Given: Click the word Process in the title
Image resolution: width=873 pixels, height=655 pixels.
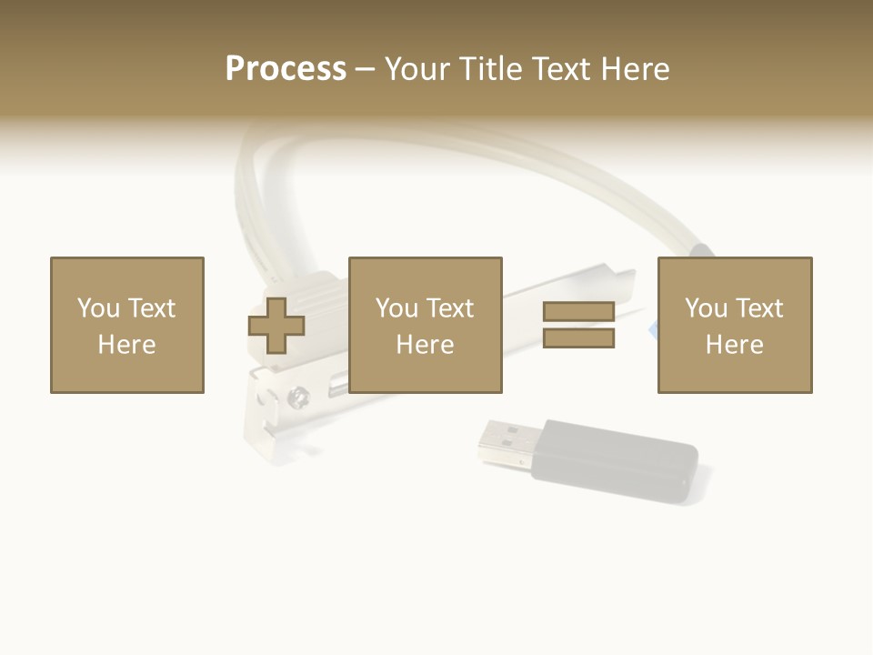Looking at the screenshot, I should [286, 69].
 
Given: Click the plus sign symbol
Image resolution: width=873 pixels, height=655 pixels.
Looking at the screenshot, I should [276, 326].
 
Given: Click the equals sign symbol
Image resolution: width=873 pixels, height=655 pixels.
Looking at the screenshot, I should [579, 326].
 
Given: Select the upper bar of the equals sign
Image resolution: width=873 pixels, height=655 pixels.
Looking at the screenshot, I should [579, 312].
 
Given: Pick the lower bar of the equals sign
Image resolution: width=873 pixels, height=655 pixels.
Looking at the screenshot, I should [579, 338].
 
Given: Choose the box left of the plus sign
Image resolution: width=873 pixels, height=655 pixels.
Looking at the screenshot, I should [127, 325].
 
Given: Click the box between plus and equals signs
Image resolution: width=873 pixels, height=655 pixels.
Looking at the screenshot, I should [426, 325].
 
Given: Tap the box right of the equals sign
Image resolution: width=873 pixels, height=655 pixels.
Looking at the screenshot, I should [735, 325].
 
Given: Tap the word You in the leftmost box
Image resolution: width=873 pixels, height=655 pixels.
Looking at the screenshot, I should [98, 308].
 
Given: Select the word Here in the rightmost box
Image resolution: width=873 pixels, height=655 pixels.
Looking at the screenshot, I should [735, 345].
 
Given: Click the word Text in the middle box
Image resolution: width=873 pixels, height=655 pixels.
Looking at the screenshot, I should [450, 308].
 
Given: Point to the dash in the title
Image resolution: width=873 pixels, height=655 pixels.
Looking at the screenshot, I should [366, 69].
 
